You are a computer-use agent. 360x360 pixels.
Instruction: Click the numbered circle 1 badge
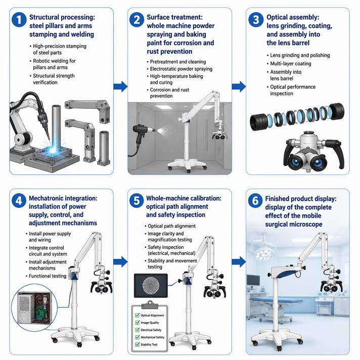[19, 20]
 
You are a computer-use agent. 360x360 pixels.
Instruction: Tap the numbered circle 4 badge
[19, 201]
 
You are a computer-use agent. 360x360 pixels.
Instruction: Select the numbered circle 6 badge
[255, 200]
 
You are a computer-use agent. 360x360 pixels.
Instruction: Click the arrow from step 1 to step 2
[120, 86]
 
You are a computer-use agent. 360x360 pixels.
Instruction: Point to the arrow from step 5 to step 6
[239, 262]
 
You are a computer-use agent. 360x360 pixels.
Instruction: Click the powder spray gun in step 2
[143, 136]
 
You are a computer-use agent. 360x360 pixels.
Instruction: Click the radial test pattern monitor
[151, 286]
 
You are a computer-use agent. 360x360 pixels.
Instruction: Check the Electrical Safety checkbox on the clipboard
[138, 330]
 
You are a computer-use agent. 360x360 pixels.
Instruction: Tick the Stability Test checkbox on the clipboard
[138, 344]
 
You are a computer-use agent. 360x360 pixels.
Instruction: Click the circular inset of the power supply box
[34, 307]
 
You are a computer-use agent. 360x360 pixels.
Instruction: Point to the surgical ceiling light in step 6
[262, 251]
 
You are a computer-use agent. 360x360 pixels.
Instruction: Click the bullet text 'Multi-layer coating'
[290, 64]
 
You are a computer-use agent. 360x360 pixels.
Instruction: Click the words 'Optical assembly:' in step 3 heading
[293, 18]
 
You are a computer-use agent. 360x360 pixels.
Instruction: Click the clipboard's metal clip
[150, 305]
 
